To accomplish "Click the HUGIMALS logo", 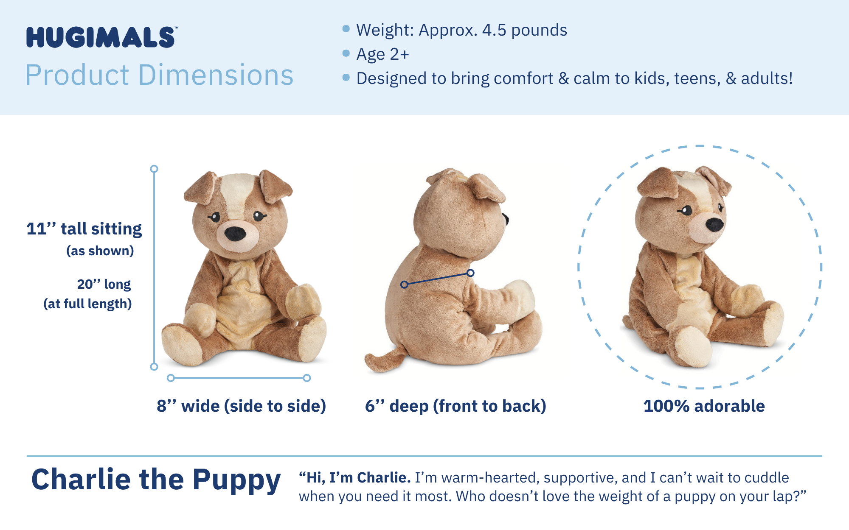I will coord(101,37).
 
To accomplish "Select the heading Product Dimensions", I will coord(159,75).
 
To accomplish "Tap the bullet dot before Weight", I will coord(346,29).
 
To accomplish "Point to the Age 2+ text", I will coord(382,54).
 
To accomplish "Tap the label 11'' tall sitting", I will coord(84,229).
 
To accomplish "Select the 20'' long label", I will coord(104,284).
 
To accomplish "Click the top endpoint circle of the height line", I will coord(154,169).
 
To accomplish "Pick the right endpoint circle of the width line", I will coord(307,378).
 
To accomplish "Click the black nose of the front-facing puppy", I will coord(235,233).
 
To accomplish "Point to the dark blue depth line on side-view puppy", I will coord(437,279).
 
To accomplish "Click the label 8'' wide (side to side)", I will coord(241,406).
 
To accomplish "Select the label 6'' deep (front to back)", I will coord(455,406).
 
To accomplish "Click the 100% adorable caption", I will coord(704,406).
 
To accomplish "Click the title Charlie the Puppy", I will coord(156,480).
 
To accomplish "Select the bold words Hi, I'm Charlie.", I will coord(355,477).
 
